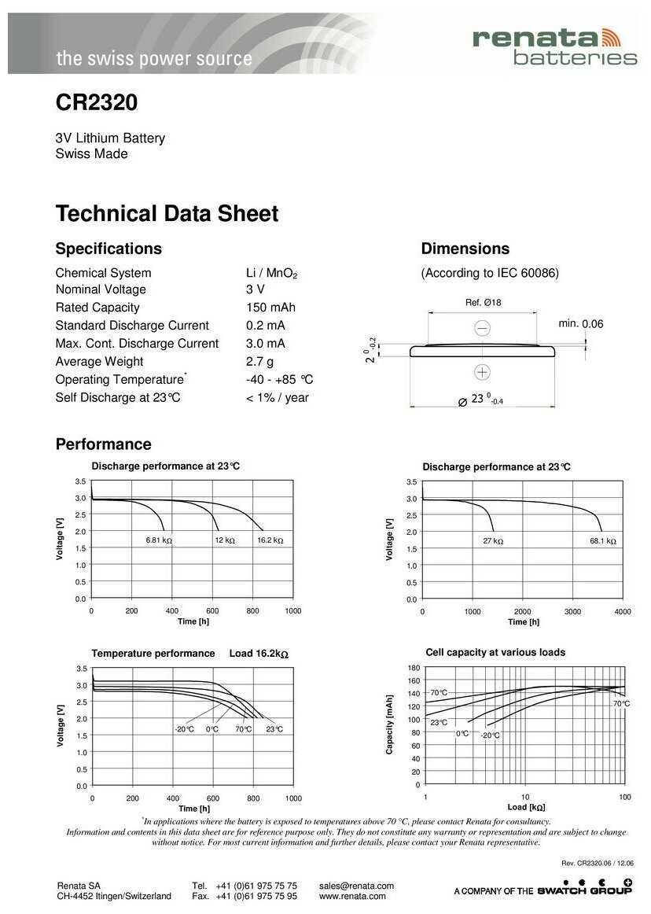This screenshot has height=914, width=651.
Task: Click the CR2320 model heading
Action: pos(97,103)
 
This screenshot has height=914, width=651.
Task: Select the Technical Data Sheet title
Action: pos(167,214)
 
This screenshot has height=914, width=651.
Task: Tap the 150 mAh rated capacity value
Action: pos(270,308)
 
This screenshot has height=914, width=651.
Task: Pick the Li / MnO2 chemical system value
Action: pos(272,273)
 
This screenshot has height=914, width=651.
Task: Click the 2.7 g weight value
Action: pos(259,362)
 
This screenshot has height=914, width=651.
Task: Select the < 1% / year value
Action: pos(278,398)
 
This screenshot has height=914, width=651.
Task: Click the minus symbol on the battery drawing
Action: pos(483,328)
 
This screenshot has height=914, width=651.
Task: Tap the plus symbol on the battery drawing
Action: pos(483,372)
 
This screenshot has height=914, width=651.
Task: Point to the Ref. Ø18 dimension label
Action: pos(484,303)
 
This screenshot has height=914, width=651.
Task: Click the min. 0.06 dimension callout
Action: pos(581,324)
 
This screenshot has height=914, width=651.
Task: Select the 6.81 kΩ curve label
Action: pos(159,540)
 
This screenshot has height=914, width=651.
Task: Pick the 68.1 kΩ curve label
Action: pos(603,541)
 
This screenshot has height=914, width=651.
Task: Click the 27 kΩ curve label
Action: pos(493,541)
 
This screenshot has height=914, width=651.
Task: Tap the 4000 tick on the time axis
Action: pos(622,611)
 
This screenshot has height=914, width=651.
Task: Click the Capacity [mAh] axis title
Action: pos(389,724)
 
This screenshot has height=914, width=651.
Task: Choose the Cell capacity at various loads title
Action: pos(495,652)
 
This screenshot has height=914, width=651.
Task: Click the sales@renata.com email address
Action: pos(356,886)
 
